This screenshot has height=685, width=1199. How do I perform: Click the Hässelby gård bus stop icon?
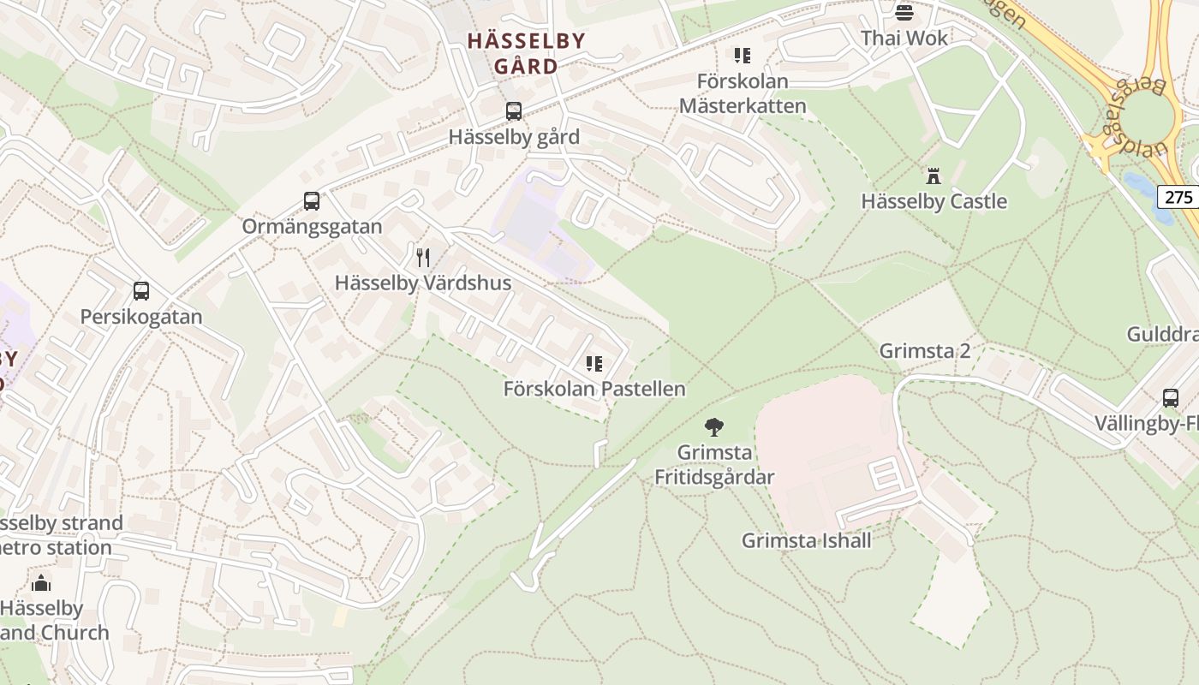(513, 111)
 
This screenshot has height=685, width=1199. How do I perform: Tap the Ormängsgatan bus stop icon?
(312, 201)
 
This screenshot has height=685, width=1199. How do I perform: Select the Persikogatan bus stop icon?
(141, 291)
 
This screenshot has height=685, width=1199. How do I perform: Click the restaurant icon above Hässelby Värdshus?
(423, 257)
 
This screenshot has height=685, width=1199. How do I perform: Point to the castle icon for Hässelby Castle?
(934, 176)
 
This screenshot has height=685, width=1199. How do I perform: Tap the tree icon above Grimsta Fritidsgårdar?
(713, 426)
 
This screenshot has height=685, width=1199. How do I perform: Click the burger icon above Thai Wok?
(904, 12)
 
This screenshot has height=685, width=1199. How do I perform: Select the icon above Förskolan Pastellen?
(594, 363)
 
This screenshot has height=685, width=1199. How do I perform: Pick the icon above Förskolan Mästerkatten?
(743, 56)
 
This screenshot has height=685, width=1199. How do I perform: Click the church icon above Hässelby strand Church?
(40, 584)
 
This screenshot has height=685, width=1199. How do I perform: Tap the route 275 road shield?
(1178, 197)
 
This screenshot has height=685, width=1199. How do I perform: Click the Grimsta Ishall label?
(806, 540)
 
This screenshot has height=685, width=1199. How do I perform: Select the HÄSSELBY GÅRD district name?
(526, 53)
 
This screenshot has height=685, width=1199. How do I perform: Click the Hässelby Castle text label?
(934, 201)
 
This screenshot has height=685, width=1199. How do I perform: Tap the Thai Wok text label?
(904, 38)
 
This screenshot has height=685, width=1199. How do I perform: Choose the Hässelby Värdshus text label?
(423, 283)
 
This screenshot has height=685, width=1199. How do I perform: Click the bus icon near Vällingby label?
(1171, 398)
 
